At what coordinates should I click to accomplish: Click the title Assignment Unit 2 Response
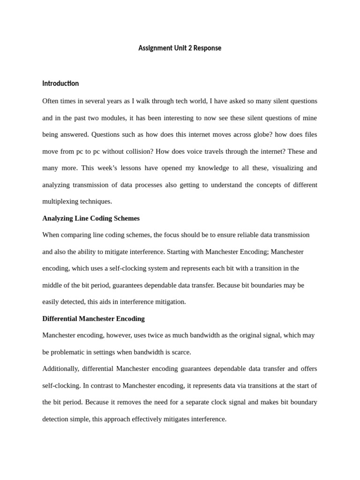(x=180, y=48)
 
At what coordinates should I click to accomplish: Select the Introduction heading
(x=60, y=83)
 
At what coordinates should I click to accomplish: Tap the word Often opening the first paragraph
(x=51, y=101)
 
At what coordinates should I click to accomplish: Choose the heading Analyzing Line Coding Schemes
(x=91, y=218)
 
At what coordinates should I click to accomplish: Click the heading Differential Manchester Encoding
(x=93, y=319)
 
